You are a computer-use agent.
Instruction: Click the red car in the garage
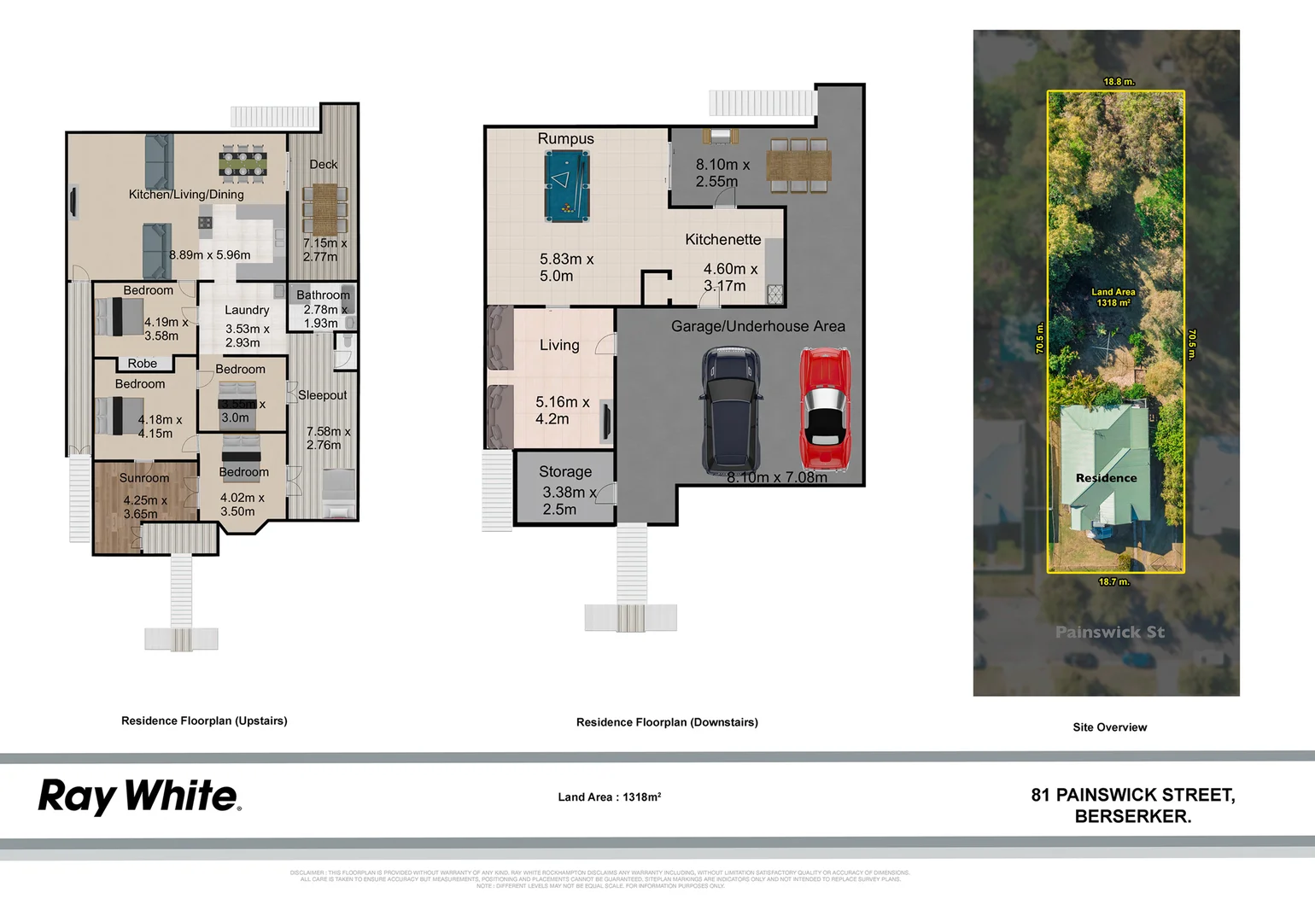824,408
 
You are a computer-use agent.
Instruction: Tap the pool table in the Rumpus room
565,184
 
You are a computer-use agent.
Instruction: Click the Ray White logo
139,797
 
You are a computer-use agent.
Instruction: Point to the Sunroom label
143,478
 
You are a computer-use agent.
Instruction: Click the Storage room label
564,471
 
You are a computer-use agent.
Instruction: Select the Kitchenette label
722,240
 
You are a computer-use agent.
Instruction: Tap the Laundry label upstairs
247,310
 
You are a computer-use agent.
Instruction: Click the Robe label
142,364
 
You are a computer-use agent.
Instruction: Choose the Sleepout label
322,395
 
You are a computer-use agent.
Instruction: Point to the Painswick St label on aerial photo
1109,633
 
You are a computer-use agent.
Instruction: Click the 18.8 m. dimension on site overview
1119,82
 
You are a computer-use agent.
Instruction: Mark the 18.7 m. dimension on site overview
1113,581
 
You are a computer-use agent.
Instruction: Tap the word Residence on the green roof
1106,478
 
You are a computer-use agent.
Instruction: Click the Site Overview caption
1109,727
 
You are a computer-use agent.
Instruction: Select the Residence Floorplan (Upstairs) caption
204,721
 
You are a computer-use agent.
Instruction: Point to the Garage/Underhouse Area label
757,326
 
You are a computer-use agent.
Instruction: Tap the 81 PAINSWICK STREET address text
1132,795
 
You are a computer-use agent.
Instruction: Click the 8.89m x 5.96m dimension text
210,254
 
